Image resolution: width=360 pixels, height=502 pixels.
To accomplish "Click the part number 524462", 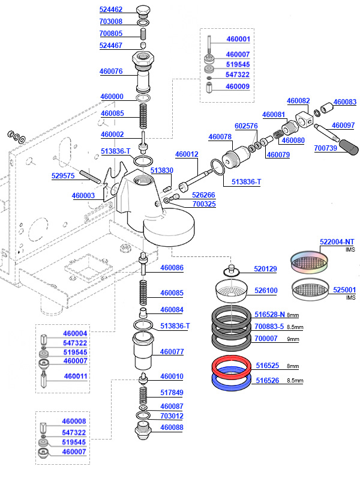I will (110, 10).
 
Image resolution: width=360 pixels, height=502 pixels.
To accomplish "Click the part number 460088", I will (172, 428).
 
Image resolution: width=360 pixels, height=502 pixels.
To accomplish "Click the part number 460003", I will (83, 196).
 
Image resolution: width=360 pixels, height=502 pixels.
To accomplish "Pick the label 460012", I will (187, 154).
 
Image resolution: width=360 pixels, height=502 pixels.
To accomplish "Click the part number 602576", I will (246, 126).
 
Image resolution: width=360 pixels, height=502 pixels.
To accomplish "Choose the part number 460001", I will (238, 39).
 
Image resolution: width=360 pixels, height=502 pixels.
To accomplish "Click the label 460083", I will (344, 102).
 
